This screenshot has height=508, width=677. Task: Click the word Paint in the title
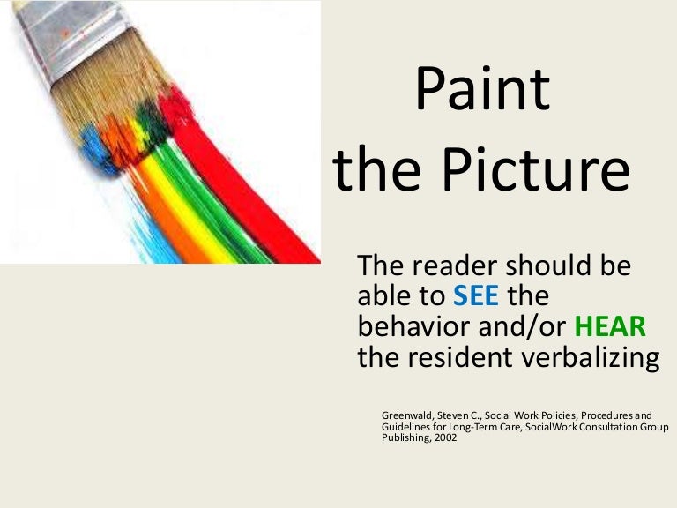(482, 90)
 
